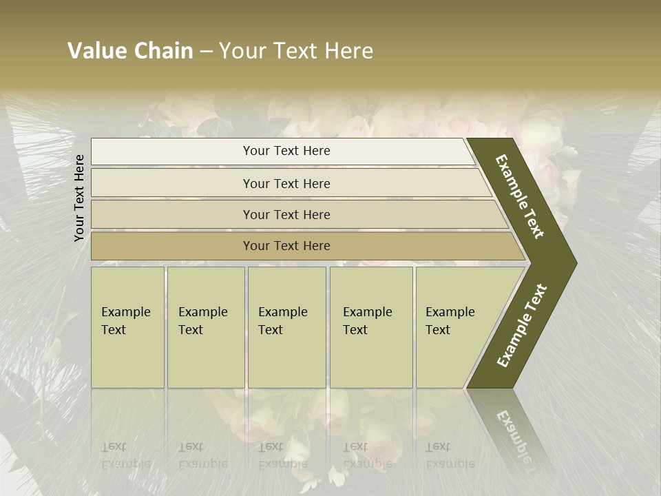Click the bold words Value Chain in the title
pos(130,51)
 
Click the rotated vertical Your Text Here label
pos(79,198)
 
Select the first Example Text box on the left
pos(127,327)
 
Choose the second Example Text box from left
pos(206,327)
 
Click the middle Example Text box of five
pos(286,327)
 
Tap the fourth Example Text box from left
pos(371,327)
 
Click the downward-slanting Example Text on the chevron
pos(520,196)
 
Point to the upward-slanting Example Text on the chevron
pos(522,326)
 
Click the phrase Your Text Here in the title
pos(296,51)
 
